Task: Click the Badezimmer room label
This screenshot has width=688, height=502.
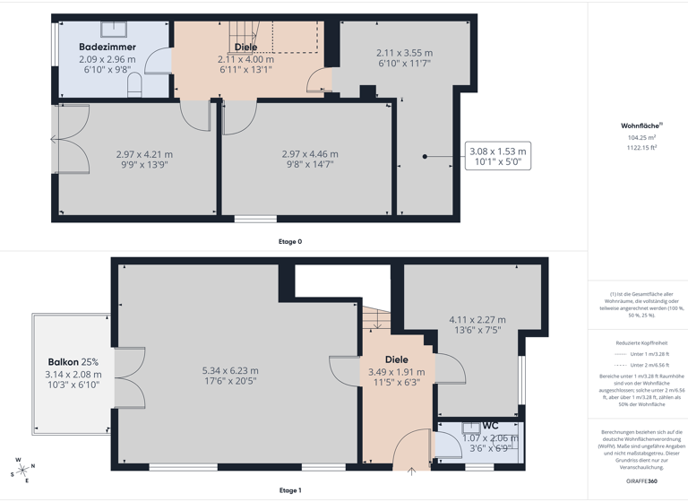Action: point(107,47)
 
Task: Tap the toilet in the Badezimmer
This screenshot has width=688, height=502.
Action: point(135,84)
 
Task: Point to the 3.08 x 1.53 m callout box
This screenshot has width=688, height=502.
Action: point(498,157)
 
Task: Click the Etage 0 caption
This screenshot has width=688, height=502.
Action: point(289,242)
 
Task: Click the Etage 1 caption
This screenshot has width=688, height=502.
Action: point(289,490)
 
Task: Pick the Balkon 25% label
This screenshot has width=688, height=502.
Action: point(73,362)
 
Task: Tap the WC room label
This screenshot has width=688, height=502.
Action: point(490,425)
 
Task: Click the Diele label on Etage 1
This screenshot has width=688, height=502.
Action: point(396,359)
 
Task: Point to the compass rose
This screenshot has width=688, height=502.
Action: point(21,470)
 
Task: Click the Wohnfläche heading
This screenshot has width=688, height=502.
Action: point(641,126)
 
